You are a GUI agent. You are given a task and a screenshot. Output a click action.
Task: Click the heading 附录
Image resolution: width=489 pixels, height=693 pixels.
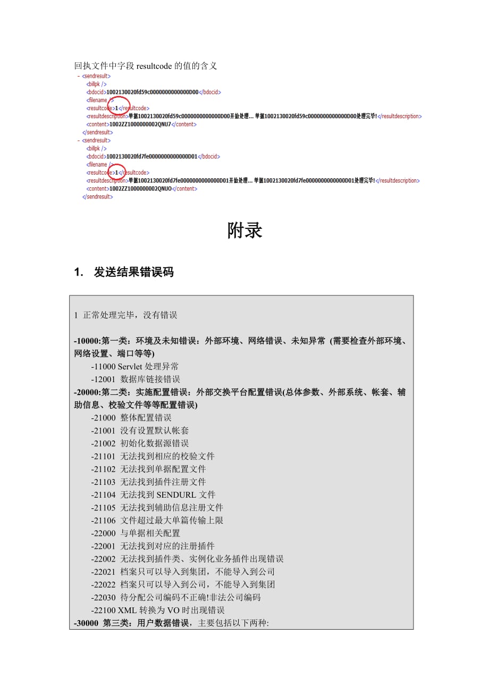pyautogui.click(x=244, y=231)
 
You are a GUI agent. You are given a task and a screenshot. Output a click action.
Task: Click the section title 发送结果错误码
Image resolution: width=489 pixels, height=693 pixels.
pyautogui.click(x=133, y=273)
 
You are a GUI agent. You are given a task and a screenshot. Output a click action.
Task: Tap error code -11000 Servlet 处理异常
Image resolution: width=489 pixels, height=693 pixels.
pyautogui.click(x=134, y=367)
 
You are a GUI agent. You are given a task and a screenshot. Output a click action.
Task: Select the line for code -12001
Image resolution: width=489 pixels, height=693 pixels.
pyautogui.click(x=136, y=379)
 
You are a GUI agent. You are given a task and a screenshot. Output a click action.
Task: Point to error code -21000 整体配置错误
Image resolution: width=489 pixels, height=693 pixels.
pyautogui.click(x=131, y=418)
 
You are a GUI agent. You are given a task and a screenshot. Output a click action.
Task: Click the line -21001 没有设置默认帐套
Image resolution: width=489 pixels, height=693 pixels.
pyautogui.click(x=140, y=431)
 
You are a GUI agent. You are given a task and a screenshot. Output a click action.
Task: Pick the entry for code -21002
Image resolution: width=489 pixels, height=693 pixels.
pyautogui.click(x=140, y=443)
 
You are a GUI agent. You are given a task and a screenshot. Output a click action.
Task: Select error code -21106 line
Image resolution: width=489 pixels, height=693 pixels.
pyautogui.click(x=157, y=520)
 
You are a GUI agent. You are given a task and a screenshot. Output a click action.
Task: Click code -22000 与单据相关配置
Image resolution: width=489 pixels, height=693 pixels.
pyautogui.click(x=136, y=533)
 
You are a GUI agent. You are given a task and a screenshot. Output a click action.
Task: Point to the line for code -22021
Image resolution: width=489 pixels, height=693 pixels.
pyautogui.click(x=182, y=571)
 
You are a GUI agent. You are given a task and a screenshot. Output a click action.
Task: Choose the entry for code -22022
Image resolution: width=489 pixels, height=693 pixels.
pyautogui.click(x=182, y=584)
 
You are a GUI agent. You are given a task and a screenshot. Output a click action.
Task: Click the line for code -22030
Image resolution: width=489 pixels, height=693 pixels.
pyautogui.click(x=175, y=597)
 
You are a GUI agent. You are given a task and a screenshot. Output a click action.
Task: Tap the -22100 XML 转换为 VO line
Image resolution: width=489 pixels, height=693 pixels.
pyautogui.click(x=157, y=610)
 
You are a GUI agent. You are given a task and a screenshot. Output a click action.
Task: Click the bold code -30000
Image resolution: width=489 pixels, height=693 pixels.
pyautogui.click(x=87, y=623)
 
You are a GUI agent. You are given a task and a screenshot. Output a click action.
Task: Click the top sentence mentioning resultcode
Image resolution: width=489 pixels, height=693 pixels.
pyautogui.click(x=146, y=66)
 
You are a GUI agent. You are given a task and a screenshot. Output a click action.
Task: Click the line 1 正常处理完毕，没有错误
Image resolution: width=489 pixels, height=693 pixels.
pyautogui.click(x=126, y=316)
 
